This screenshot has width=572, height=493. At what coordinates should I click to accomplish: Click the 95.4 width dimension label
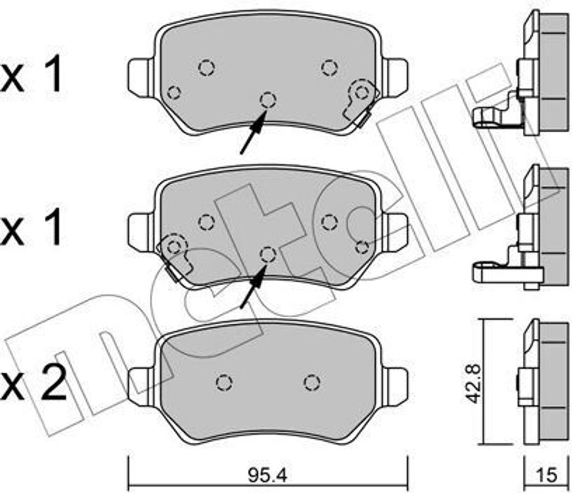point(268,475)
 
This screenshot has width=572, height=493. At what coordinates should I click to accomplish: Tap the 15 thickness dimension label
point(547,475)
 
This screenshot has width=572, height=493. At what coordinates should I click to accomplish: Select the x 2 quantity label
point(34,384)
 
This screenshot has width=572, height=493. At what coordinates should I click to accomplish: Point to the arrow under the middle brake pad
point(254,286)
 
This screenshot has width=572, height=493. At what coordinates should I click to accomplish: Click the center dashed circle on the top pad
point(268,99)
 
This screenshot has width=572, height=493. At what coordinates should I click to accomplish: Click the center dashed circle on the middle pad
point(268,254)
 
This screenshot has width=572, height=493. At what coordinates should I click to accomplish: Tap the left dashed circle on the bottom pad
point(224,382)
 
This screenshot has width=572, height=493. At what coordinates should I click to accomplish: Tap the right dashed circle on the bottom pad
point(312,382)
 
